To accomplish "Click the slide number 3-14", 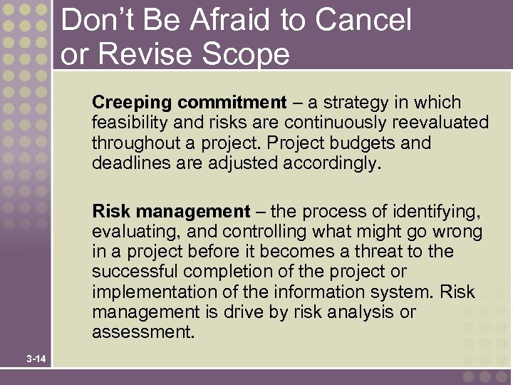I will (x=35, y=359).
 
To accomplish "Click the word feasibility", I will (x=127, y=123).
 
